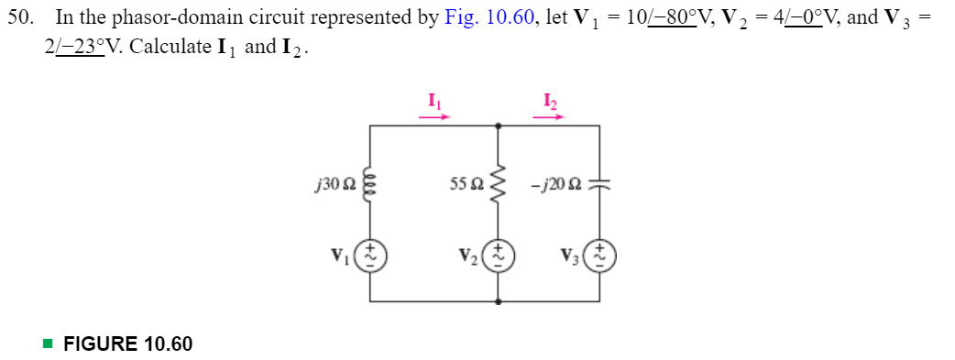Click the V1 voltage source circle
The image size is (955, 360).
pyautogui.click(x=370, y=252)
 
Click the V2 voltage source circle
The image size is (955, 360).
pyautogui.click(x=499, y=252)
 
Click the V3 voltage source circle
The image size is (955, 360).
pyautogui.click(x=600, y=252)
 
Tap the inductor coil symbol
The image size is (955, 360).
pyautogui.click(x=370, y=189)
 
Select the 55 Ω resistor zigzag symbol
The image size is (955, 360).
pyautogui.click(x=499, y=188)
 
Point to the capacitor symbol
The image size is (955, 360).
pyautogui.click(x=600, y=189)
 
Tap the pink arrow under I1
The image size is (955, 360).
pyautogui.click(x=434, y=116)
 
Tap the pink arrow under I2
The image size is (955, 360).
pyautogui.click(x=550, y=116)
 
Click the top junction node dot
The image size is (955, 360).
pyautogui.click(x=499, y=127)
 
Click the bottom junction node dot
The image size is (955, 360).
pyautogui.click(x=499, y=301)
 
